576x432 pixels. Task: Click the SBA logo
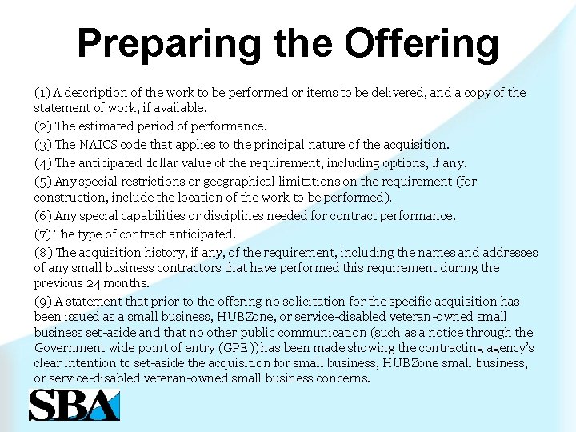[74, 404]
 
